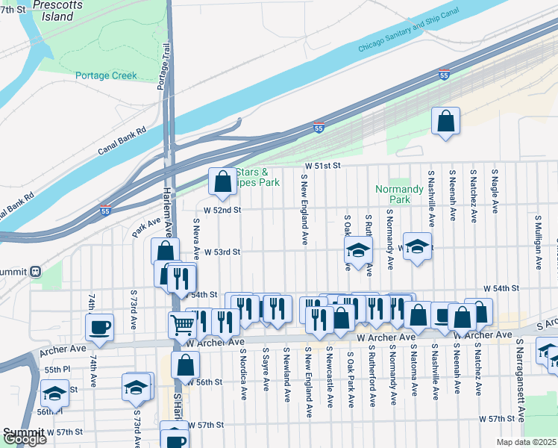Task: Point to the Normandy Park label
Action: [393, 194]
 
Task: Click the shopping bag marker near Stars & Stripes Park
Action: [222, 181]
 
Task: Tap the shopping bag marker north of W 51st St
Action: [445, 121]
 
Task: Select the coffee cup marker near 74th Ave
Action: [99, 326]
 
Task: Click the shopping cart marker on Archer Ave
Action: [182, 325]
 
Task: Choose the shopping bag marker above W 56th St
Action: [186, 365]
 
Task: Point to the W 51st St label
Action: [322, 165]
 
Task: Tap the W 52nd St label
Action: [224, 210]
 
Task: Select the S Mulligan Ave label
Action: [538, 242]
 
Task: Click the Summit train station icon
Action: [35, 272]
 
